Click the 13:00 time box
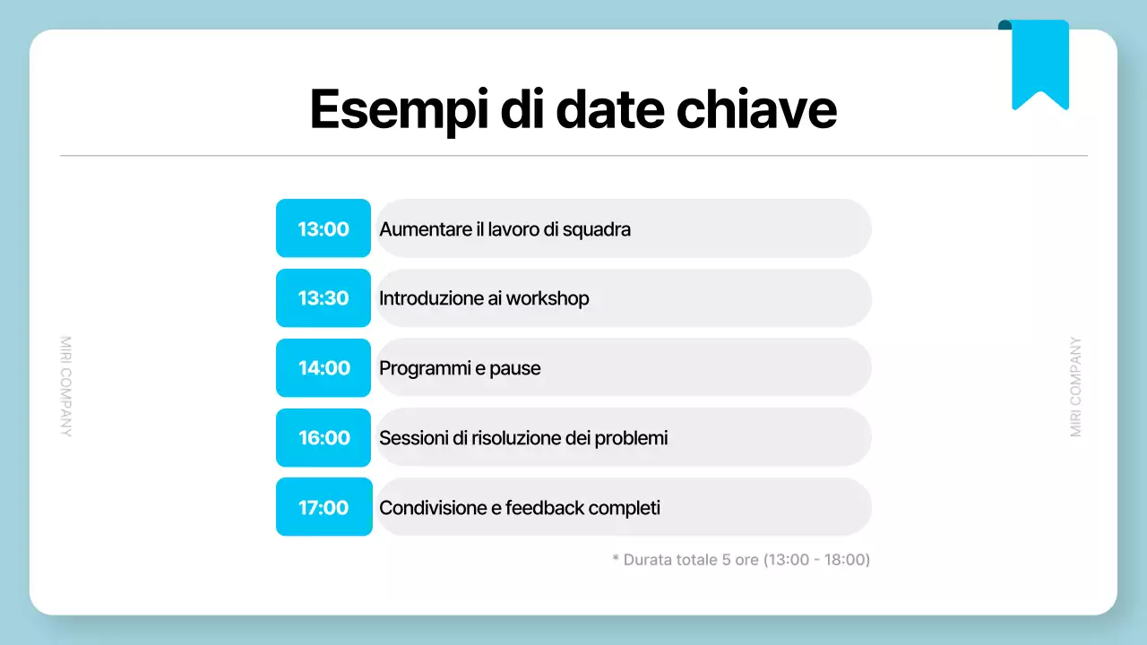pos(323,228)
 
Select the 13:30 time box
pos(323,298)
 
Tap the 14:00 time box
pos(323,368)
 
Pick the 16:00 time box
pos(323,438)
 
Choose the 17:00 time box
pos(323,507)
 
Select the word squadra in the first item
pos(598,229)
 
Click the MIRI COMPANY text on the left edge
pos(65,386)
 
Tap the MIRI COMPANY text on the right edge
pos(1076,386)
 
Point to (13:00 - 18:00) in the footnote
pos(816,560)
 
